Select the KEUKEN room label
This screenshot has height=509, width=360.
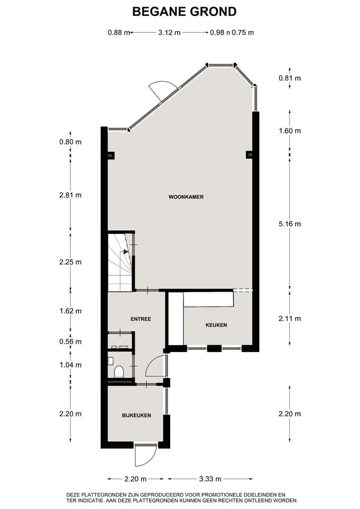coord(216,325)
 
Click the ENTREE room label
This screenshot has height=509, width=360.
coord(141,319)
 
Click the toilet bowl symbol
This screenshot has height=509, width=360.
coord(119,371)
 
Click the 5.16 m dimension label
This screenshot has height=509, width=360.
coord(290,224)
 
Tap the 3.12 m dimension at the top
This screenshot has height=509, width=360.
coord(169,32)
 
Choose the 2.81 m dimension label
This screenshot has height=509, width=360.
coord(71,195)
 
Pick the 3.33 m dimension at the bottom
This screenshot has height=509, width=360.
coord(210,479)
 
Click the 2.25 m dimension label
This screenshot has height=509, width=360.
coord(71,262)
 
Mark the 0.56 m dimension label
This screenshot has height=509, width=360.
coord(71,342)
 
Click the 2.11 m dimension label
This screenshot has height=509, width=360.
coord(290,319)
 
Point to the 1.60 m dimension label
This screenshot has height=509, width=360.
coord(290,131)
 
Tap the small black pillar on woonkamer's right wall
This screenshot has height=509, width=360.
coord(249,155)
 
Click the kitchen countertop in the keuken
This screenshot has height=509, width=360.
coord(208,299)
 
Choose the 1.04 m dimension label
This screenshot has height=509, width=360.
coord(71,365)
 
